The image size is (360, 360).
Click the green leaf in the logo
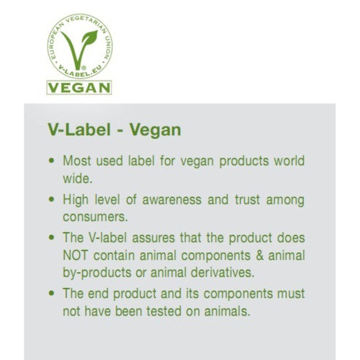(x=89, y=38)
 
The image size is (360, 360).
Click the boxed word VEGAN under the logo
(x=79, y=88)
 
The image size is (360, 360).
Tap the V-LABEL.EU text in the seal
(x=80, y=71)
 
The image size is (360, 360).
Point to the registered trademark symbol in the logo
(x=84, y=68)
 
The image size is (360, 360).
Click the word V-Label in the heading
(x=79, y=130)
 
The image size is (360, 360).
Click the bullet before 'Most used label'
(x=51, y=161)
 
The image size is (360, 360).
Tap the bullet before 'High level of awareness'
(x=51, y=199)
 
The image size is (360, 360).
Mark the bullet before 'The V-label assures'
(x=51, y=238)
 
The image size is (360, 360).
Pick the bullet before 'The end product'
(x=51, y=293)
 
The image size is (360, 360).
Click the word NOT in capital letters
(x=75, y=256)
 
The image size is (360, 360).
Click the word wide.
(x=78, y=179)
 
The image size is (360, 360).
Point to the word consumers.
(x=95, y=217)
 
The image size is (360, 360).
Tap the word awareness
(x=172, y=200)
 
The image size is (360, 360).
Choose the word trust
(x=248, y=200)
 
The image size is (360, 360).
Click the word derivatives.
(x=222, y=273)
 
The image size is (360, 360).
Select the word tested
(x=164, y=312)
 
